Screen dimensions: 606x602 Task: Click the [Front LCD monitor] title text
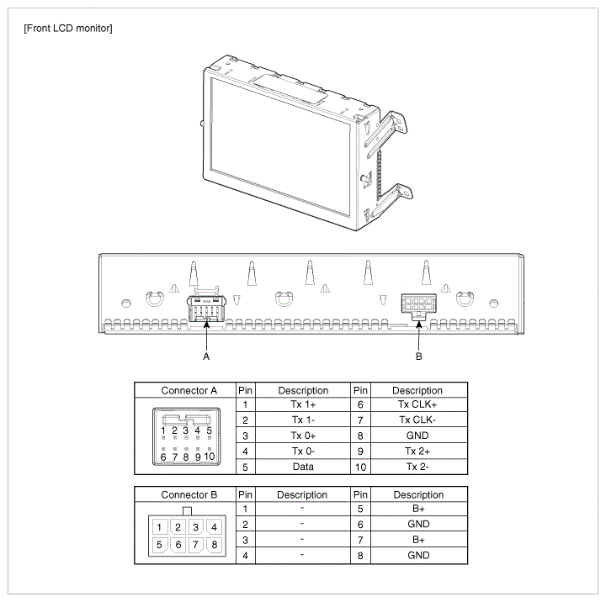click(68, 29)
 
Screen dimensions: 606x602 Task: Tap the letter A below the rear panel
click(206, 356)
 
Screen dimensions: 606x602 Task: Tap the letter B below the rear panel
click(419, 356)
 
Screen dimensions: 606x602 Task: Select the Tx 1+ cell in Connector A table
click(303, 404)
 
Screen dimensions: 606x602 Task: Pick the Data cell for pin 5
click(303, 467)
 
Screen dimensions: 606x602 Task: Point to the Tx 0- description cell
click(303, 451)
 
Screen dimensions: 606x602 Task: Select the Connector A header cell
click(189, 390)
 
